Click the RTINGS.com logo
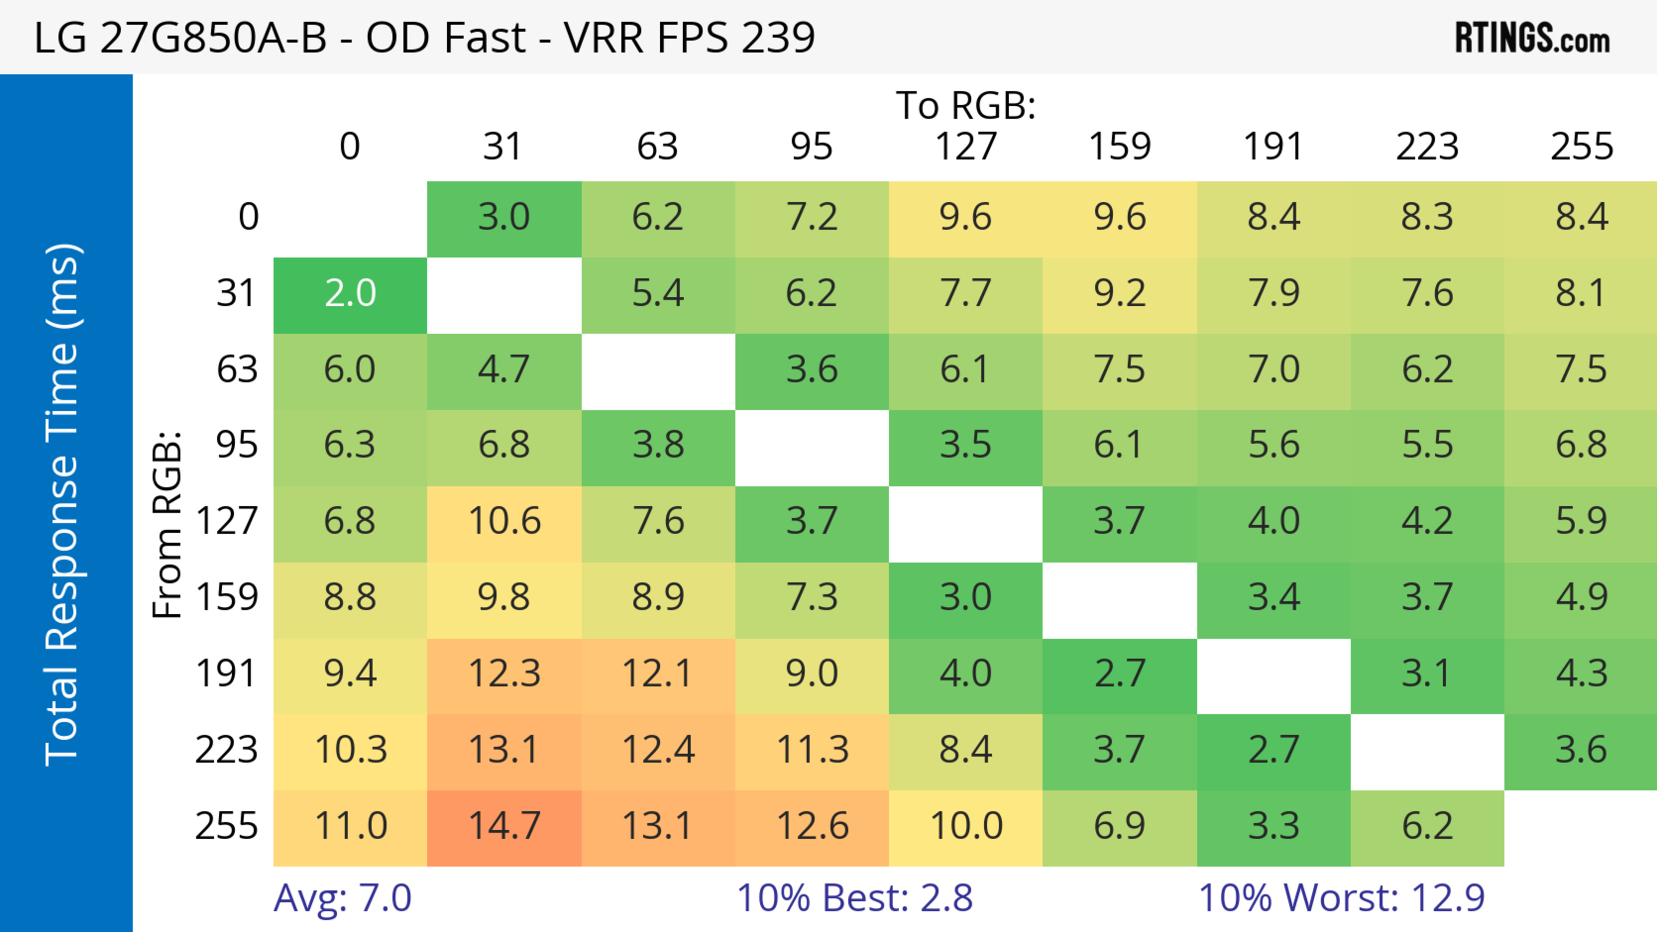[1532, 38]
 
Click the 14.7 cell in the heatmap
[504, 826]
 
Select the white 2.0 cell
[350, 294]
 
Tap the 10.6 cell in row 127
[504, 521]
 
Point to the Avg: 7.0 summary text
[342, 897]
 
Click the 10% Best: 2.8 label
[854, 897]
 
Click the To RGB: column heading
[966, 105]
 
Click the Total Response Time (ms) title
[63, 505]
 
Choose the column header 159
[1119, 147]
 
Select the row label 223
[227, 750]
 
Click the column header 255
[1582, 147]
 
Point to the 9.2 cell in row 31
[1119, 294]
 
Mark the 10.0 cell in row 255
[966, 826]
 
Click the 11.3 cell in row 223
[812, 750]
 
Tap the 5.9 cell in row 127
[1582, 521]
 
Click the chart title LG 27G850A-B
[425, 37]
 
